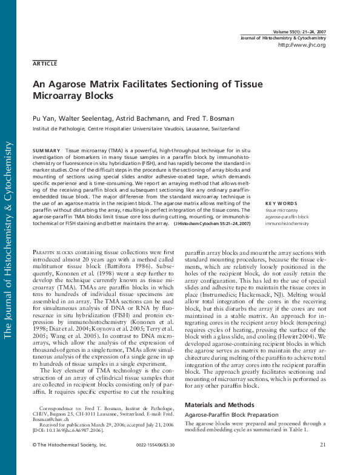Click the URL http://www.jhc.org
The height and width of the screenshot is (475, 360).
[x=301, y=45]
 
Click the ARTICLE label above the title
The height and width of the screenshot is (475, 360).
[x=45, y=63]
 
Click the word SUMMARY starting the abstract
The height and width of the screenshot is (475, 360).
[x=46, y=150]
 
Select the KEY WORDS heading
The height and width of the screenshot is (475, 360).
[x=281, y=203]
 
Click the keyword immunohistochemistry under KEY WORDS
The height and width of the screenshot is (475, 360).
[x=287, y=223]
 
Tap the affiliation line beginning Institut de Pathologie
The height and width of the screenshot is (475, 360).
[x=136, y=129]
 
